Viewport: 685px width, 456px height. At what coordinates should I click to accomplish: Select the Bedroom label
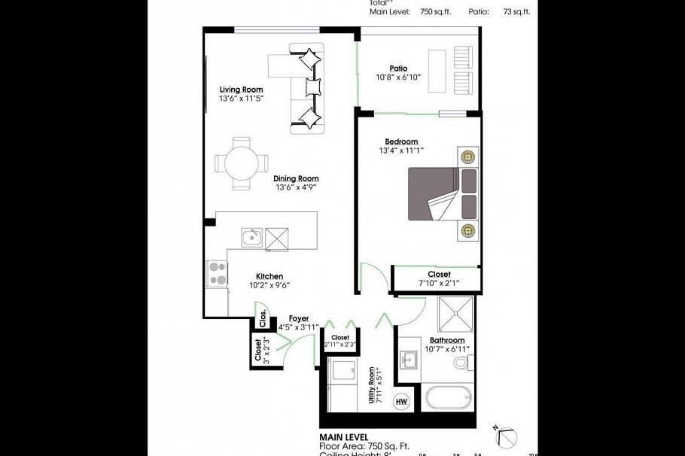tap(401, 141)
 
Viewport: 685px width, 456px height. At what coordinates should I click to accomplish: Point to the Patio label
tap(398, 68)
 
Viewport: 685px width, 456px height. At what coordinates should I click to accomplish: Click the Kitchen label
tap(269, 276)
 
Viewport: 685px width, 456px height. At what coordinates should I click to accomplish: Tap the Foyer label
tap(288, 318)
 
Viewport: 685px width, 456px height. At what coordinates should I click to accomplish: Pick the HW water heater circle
tap(401, 400)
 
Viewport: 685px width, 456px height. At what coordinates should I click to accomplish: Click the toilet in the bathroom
tap(461, 363)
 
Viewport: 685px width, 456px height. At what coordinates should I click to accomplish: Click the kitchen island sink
tap(251, 238)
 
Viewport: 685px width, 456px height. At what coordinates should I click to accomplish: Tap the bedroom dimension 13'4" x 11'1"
tap(401, 150)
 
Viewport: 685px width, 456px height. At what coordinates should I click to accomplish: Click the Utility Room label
tap(372, 385)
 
